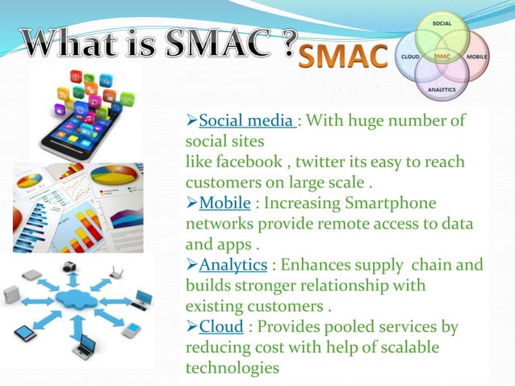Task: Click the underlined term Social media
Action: (246, 122)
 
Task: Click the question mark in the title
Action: (285, 40)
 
